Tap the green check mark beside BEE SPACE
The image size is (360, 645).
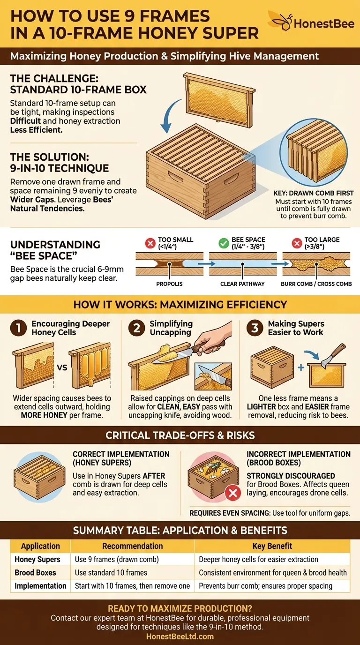pyautogui.click(x=224, y=243)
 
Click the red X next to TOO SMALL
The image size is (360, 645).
pyautogui.click(x=150, y=243)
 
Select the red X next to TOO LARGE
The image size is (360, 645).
pyautogui.click(x=297, y=243)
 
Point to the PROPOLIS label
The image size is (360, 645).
pyautogui.click(x=169, y=284)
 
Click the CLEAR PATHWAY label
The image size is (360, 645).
pyautogui.click(x=242, y=284)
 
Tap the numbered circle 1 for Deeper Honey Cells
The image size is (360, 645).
pyautogui.click(x=18, y=328)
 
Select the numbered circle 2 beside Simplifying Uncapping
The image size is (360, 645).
pyautogui.click(x=137, y=328)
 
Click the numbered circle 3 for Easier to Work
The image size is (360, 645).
pyautogui.click(x=255, y=328)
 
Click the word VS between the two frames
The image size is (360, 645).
pyautogui.click(x=62, y=367)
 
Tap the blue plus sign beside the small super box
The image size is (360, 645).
pyautogui.click(x=301, y=367)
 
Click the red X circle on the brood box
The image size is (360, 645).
pyautogui.click(x=233, y=493)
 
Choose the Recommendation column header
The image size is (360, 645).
pyautogui.click(x=133, y=546)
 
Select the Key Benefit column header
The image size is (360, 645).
pyautogui.click(x=272, y=546)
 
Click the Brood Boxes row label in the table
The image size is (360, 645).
pyautogui.click(x=35, y=572)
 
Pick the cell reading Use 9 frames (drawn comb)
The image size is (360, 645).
pyautogui.click(x=117, y=559)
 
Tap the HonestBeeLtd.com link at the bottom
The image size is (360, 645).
pyautogui.click(x=180, y=637)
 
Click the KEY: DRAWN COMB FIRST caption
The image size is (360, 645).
pyautogui.click(x=313, y=193)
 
